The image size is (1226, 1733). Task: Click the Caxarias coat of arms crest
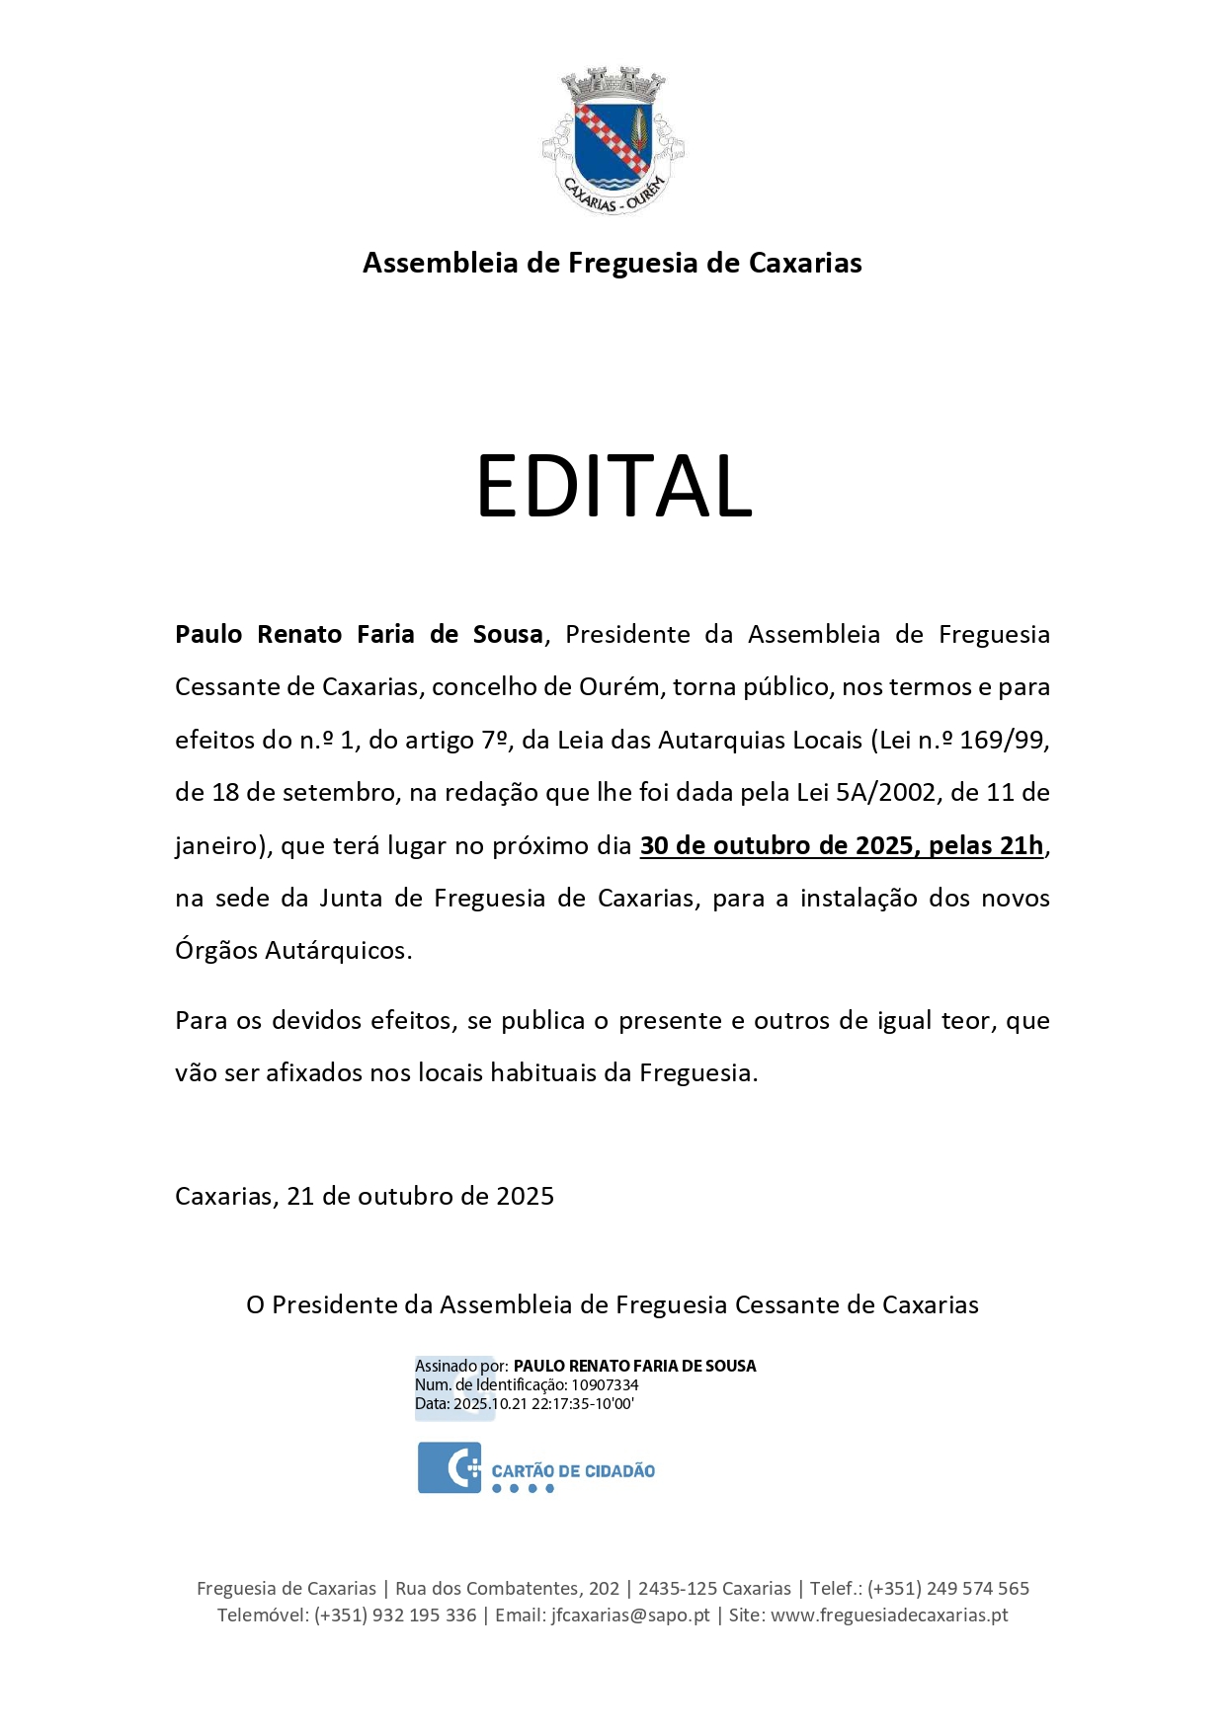point(613,139)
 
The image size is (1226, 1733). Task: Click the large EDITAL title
point(613,486)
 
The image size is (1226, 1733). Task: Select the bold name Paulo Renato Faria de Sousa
point(359,634)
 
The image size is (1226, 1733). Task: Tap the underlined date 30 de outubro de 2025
point(777,845)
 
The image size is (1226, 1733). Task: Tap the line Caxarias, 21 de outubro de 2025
point(365,1196)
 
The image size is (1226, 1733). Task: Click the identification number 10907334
point(605,1385)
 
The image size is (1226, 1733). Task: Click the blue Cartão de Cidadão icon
point(450,1467)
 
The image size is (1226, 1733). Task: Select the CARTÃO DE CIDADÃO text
point(573,1471)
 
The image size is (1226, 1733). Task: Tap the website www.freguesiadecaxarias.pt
point(889,1615)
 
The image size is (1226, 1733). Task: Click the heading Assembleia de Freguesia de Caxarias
point(613,263)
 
